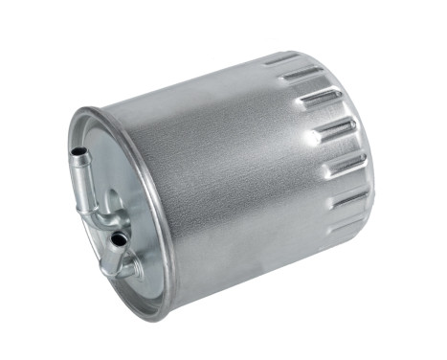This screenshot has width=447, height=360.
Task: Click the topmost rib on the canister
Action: [282, 59]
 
